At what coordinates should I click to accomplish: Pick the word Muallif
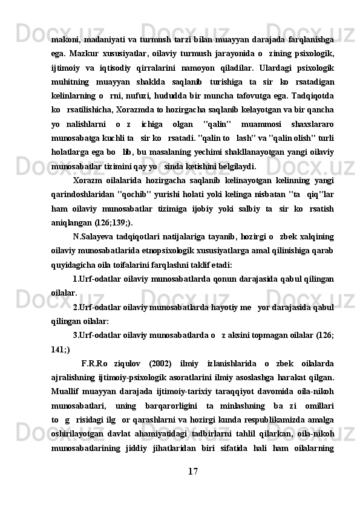67,391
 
